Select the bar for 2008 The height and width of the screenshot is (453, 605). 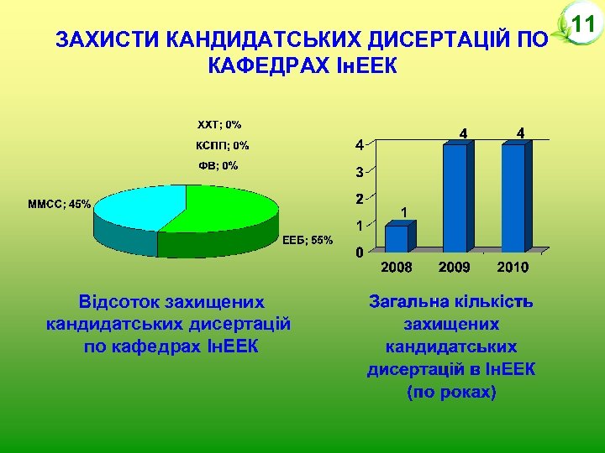tap(396, 238)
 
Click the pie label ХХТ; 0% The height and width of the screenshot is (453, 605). tap(218, 125)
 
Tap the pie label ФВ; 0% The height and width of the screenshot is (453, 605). tap(218, 165)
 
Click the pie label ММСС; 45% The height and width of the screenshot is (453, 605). tap(59, 204)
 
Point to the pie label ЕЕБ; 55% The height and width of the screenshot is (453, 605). tap(308, 241)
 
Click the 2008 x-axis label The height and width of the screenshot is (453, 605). tap(397, 268)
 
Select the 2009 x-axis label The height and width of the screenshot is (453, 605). tap(455, 268)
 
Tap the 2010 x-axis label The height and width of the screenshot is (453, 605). tap(513, 268)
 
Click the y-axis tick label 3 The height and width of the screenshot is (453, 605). tap(359, 173)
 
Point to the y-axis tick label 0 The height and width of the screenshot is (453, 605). tap(359, 252)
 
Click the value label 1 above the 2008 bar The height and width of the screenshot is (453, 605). tap(404, 212)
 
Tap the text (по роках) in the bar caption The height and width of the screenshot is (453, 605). tap(451, 392)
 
